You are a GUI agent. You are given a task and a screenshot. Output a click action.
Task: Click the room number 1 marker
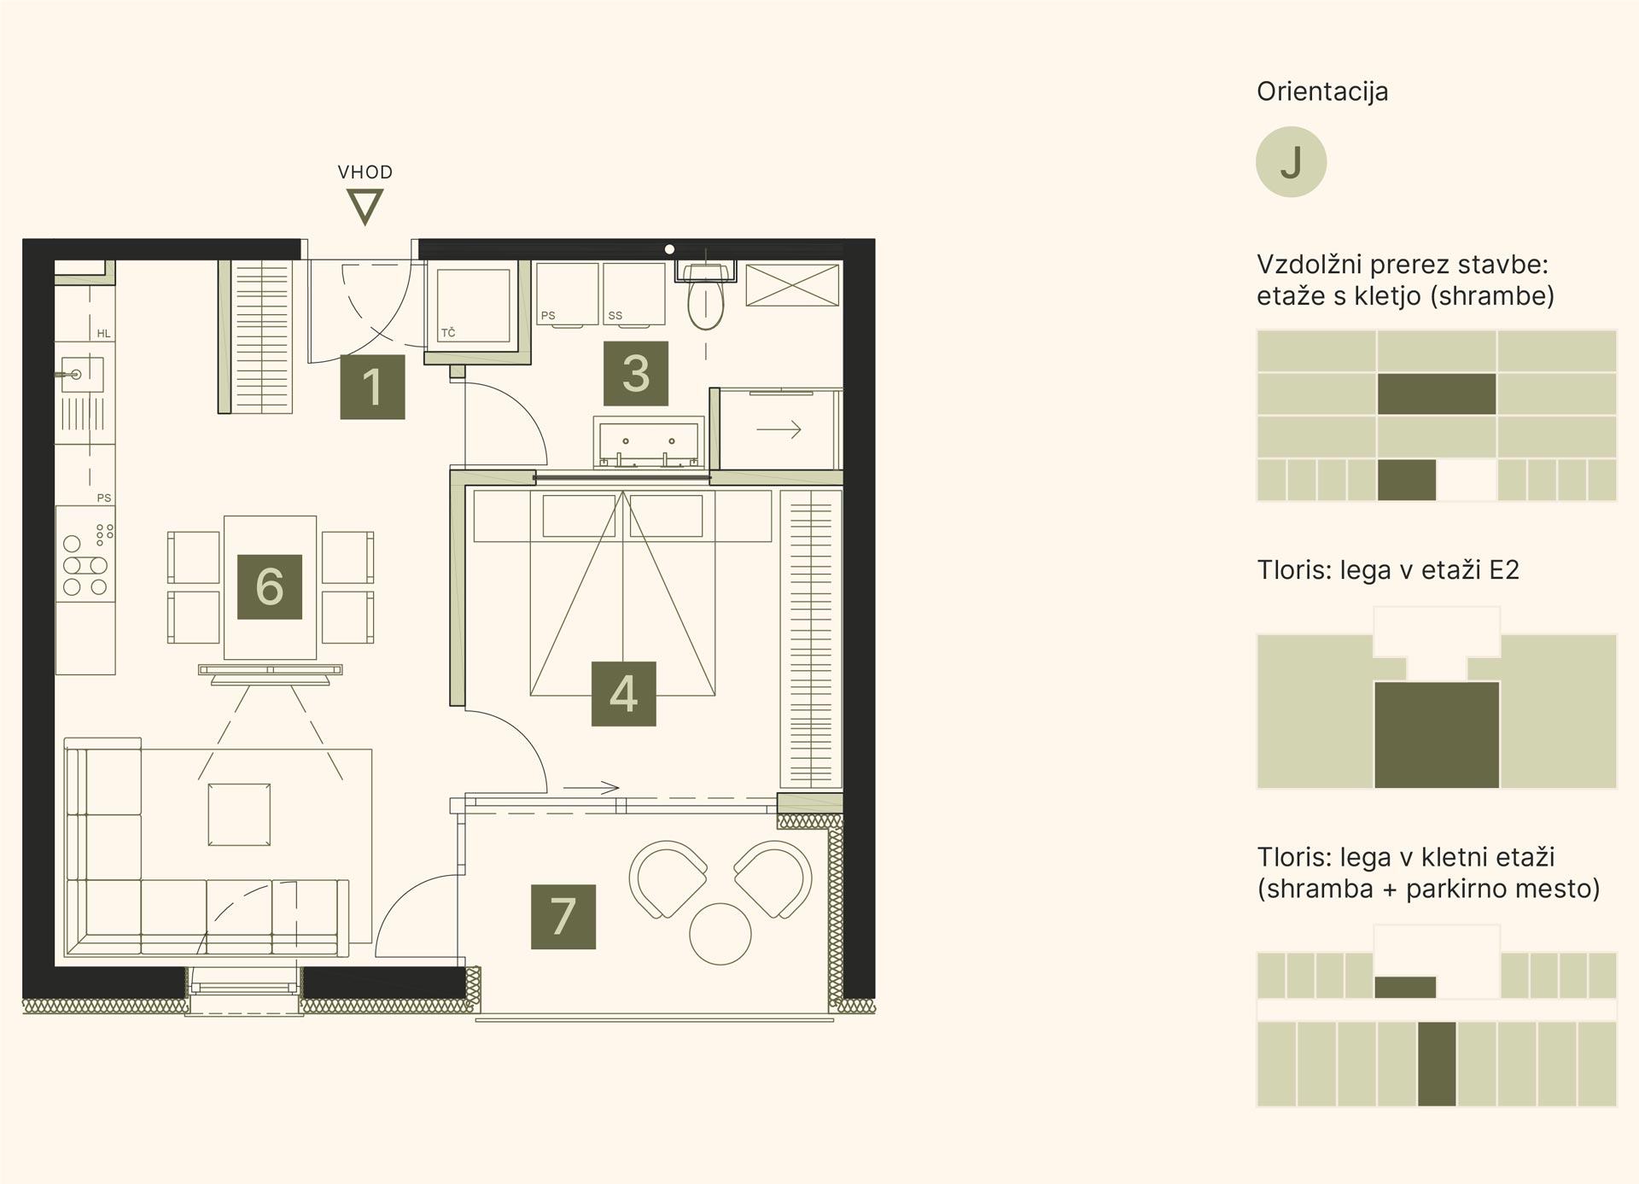[x=372, y=387]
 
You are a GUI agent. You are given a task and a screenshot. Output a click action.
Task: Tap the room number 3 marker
[x=635, y=373]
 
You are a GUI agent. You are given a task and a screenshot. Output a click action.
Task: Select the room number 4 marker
[x=623, y=693]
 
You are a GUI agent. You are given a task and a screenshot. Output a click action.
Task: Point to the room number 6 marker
[x=270, y=586]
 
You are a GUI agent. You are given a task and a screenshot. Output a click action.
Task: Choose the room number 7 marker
[x=563, y=917]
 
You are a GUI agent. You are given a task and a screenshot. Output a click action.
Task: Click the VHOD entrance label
[x=365, y=172]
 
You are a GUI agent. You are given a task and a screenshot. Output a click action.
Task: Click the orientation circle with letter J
[x=1291, y=162]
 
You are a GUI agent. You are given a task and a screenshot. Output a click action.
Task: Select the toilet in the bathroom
[x=706, y=295]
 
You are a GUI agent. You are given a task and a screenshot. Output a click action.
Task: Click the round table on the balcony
[x=720, y=934]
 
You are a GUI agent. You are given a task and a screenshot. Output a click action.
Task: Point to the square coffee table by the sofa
[x=239, y=815]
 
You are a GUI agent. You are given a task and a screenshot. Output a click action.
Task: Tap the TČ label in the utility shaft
[x=448, y=333]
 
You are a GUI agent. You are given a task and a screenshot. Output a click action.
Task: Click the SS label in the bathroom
[x=615, y=316]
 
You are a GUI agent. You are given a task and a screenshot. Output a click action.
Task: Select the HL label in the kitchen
[x=104, y=334]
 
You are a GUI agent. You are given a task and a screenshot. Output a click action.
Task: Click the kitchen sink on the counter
[x=82, y=375]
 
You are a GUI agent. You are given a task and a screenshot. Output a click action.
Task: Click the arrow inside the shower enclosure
[x=779, y=429]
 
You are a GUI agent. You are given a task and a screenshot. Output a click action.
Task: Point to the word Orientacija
[x=1322, y=91]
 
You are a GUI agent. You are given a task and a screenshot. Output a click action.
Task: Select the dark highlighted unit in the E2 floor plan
[x=1437, y=735]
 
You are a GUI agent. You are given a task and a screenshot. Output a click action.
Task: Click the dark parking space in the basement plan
[x=1437, y=1064]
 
